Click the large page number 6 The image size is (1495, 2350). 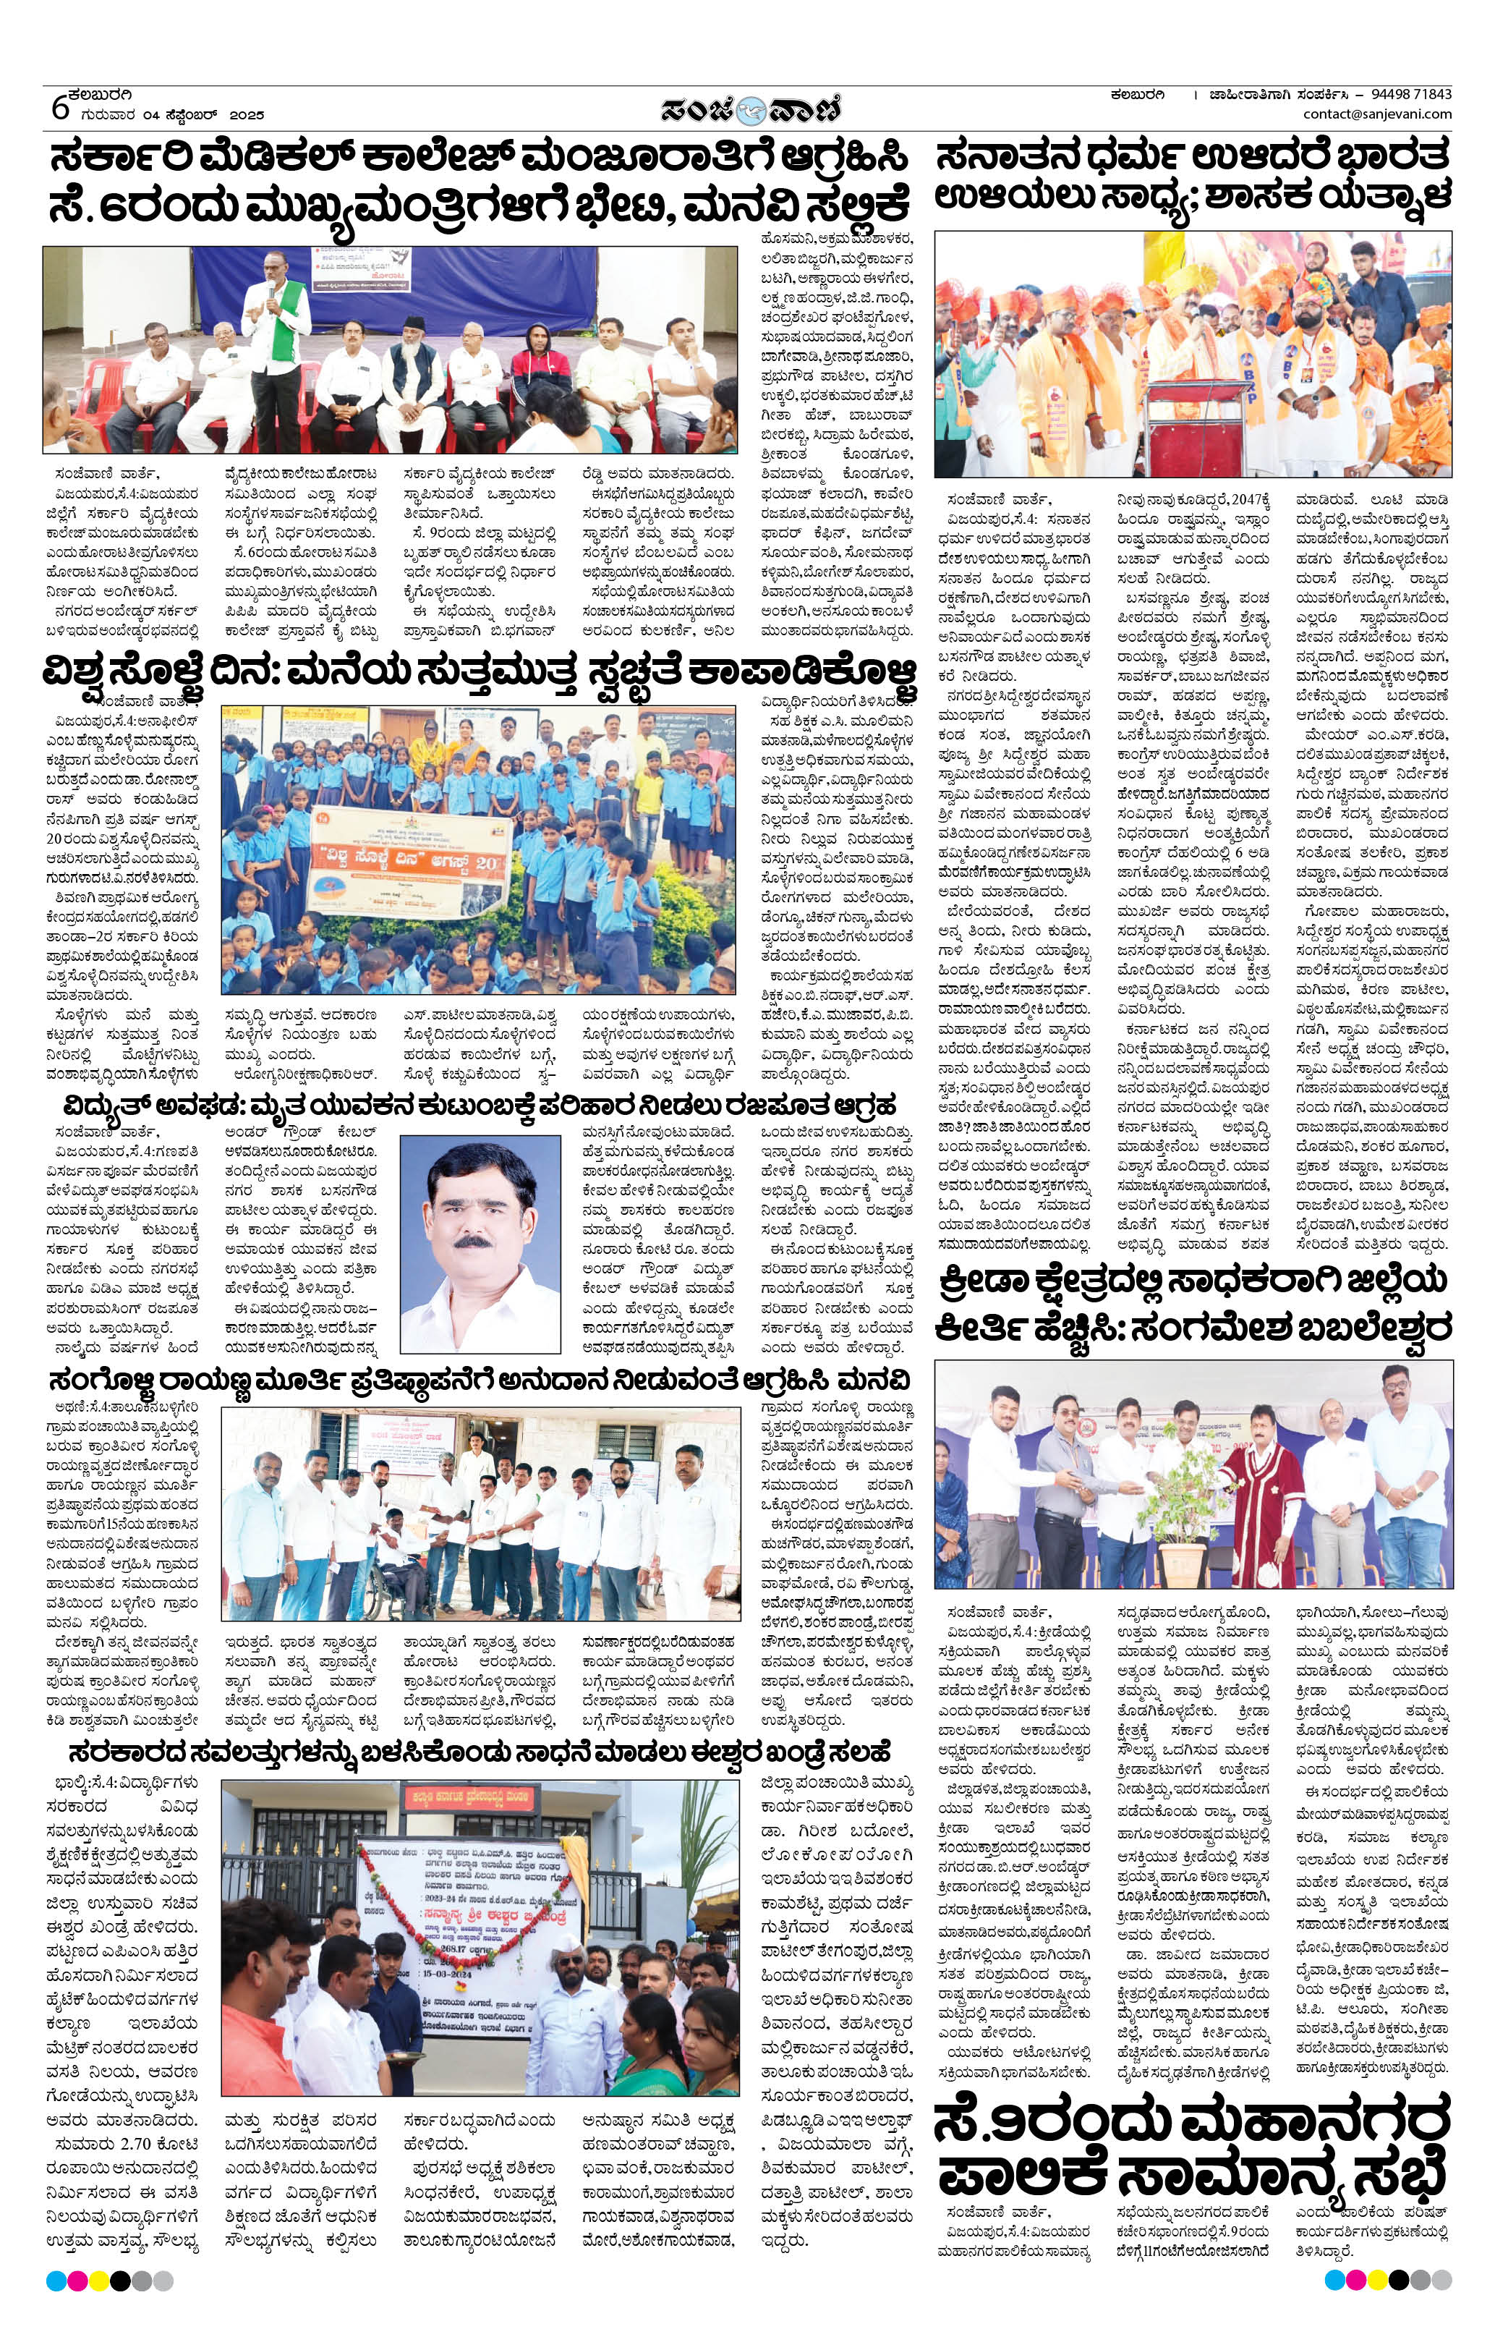pyautogui.click(x=61, y=107)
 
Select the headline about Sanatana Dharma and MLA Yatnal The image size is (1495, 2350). pyautogui.click(x=1193, y=176)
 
